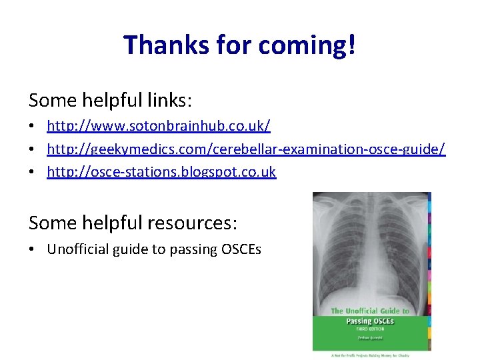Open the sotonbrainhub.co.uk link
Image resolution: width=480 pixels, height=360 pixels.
159,125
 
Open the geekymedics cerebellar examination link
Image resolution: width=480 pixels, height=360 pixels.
246,149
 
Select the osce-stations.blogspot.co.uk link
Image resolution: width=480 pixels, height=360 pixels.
161,172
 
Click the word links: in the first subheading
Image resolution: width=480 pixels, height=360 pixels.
169,100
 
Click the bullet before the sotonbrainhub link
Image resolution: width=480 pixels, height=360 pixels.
33,126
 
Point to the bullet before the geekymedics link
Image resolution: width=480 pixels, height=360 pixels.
33,149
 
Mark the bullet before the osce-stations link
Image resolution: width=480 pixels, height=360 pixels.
33,173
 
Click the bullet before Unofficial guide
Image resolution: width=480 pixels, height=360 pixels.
33,250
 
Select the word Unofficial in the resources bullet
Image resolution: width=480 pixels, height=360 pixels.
78,249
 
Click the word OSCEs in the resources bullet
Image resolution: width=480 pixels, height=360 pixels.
240,249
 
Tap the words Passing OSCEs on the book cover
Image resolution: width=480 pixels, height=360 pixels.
371,321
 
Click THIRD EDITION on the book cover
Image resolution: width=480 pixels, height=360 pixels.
371,329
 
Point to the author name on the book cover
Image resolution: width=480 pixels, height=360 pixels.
371,337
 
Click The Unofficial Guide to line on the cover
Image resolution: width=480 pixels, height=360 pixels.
371,311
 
